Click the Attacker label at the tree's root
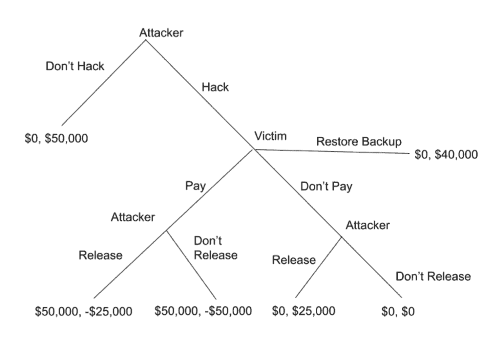(x=161, y=33)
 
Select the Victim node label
(x=270, y=136)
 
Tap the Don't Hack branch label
(x=75, y=66)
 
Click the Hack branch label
(x=215, y=87)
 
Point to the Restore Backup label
(x=359, y=142)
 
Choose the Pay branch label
(x=195, y=186)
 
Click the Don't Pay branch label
(x=326, y=187)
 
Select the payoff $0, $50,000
(x=56, y=138)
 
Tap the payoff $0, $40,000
(x=446, y=154)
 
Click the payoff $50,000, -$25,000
(x=84, y=311)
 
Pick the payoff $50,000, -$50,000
(x=203, y=311)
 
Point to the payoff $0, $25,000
(x=304, y=311)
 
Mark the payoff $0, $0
(x=398, y=311)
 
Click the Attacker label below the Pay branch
(x=133, y=217)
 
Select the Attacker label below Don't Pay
(x=367, y=225)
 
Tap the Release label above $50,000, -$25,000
(x=100, y=255)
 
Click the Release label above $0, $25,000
(x=294, y=260)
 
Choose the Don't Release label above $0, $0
(x=433, y=276)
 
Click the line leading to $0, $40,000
(x=331, y=151)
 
